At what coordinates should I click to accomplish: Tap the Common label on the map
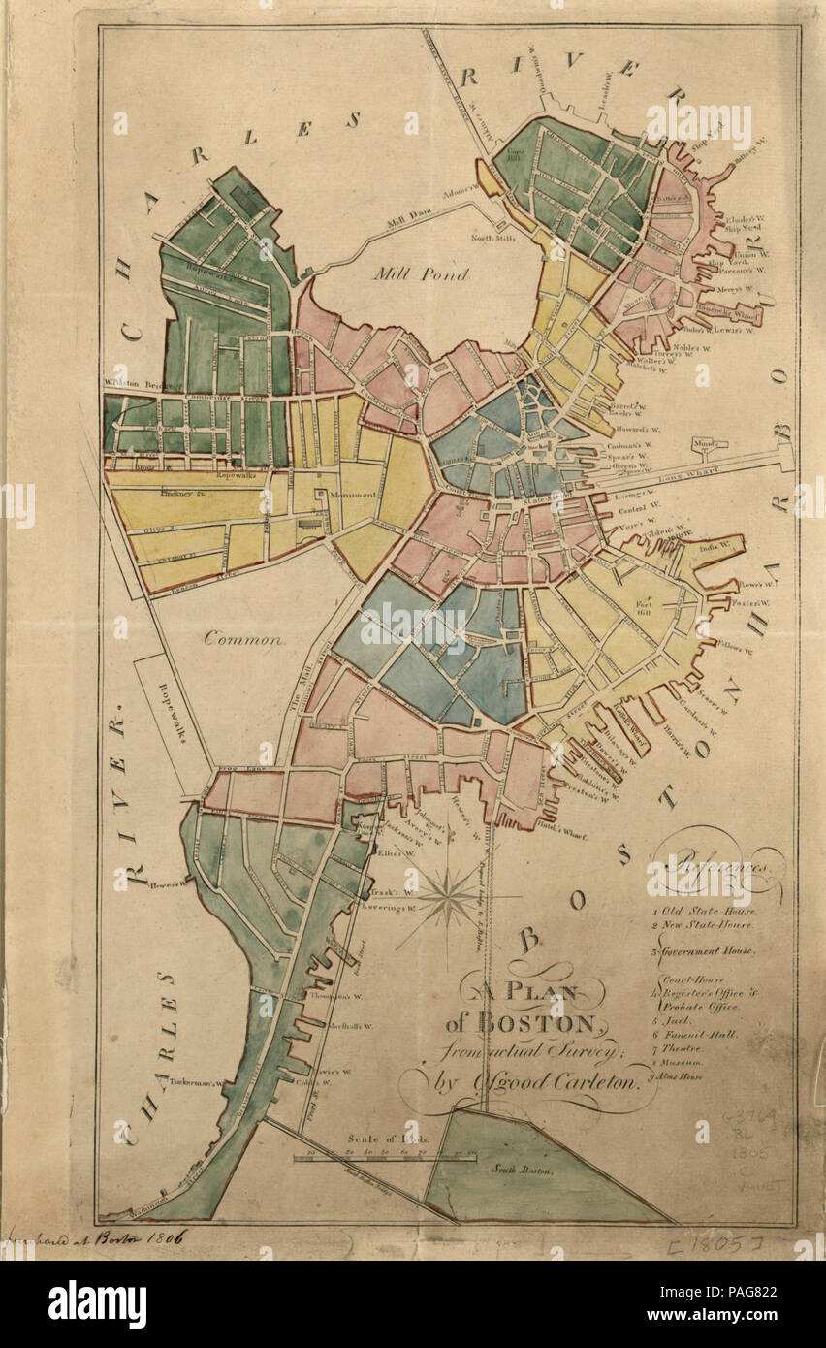[244, 639]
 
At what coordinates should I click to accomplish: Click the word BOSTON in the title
[546, 1023]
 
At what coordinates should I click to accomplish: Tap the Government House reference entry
[705, 950]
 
